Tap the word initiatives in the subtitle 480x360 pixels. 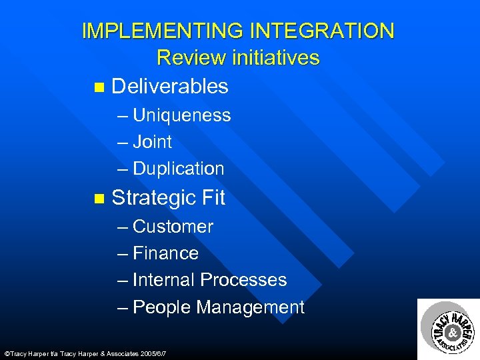[276, 57]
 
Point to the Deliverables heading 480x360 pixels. [170, 86]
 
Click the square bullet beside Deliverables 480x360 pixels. [99, 87]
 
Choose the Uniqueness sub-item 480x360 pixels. [181, 115]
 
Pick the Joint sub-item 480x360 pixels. [152, 142]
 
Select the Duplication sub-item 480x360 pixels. [178, 169]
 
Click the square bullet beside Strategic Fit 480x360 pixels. [99, 199]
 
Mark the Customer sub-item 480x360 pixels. [173, 227]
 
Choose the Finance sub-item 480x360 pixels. [165, 253]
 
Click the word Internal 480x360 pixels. [163, 280]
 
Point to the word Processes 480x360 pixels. [243, 280]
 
